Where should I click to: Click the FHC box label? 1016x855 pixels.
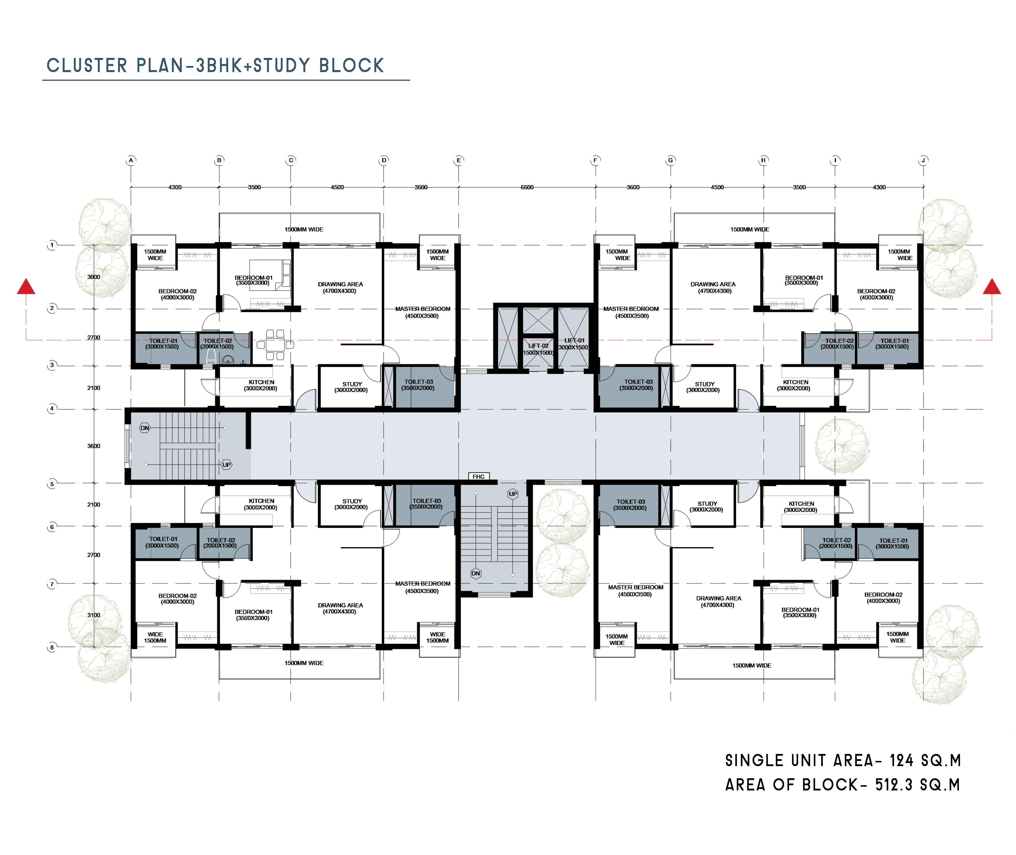click(x=478, y=477)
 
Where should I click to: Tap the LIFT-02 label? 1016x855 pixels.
click(x=538, y=346)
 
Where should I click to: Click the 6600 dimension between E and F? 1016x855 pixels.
click(x=527, y=187)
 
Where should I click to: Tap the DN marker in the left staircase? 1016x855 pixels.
click(x=145, y=428)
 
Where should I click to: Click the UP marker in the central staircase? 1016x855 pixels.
click(x=513, y=494)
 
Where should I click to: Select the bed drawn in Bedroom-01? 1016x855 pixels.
click(x=270, y=274)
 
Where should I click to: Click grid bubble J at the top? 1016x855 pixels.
click(x=923, y=160)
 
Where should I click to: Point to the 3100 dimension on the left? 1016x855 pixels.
click(x=94, y=615)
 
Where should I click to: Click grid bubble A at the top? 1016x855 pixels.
click(x=131, y=160)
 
